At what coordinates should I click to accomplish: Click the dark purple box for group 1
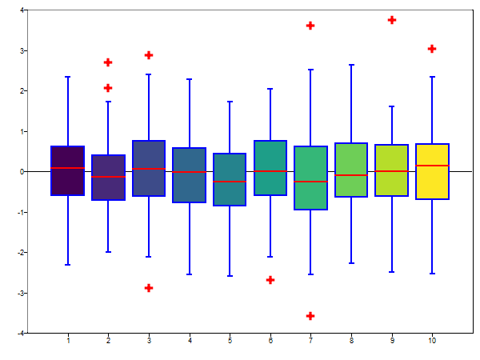68,170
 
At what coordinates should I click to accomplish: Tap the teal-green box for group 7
310,178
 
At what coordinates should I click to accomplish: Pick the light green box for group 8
351,170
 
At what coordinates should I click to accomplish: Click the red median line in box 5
230,182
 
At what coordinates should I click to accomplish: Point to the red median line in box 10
432,166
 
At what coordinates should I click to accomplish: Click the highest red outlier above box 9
392,20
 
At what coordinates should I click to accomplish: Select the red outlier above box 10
432,49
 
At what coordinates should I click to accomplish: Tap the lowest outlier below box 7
310,316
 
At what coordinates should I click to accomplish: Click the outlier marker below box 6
270,280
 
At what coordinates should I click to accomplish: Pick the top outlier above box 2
108,62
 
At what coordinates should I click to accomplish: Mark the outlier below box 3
149,288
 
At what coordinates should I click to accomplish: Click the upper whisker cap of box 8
351,64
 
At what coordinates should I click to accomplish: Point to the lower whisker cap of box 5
230,276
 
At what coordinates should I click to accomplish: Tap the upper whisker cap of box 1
68,77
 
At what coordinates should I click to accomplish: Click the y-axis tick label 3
22,50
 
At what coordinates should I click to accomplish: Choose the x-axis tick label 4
190,342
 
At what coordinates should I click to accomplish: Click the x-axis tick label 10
432,342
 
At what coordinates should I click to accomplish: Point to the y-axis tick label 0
22,172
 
